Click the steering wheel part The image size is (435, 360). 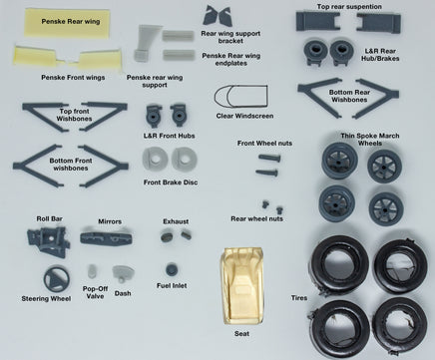(x=57, y=279)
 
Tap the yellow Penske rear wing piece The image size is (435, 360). (x=67, y=23)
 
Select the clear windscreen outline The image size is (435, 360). (x=240, y=87)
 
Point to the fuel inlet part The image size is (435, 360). (x=172, y=269)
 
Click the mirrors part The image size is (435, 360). (x=106, y=237)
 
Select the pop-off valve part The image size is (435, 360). (x=92, y=271)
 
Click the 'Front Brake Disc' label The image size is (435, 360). (x=171, y=182)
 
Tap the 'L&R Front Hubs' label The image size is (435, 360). (x=170, y=136)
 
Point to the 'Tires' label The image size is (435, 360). (x=299, y=298)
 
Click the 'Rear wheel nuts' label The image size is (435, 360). (x=257, y=218)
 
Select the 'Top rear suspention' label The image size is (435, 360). (x=349, y=7)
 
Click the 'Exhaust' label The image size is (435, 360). (x=176, y=221)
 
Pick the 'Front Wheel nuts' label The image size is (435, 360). (x=264, y=144)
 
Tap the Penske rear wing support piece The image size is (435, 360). (x=146, y=43)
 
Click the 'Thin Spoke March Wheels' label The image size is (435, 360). (x=370, y=140)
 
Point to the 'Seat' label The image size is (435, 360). (x=241, y=333)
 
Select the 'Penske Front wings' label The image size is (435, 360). (x=73, y=78)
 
